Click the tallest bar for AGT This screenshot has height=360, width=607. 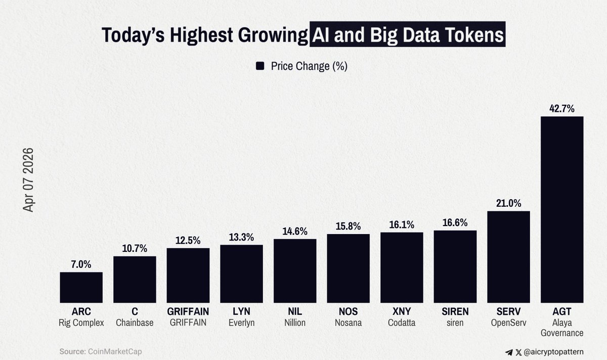tap(562, 209)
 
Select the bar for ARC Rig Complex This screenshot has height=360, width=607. tap(81, 287)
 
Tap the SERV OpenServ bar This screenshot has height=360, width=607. tap(508, 257)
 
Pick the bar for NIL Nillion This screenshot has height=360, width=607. tap(295, 271)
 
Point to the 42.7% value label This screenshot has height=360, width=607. tap(562, 108)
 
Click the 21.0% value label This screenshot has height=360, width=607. tap(508, 203)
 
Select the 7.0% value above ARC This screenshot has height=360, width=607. tap(81, 264)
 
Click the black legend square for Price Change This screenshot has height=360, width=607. tap(261, 66)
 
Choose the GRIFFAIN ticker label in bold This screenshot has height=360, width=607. tap(188, 311)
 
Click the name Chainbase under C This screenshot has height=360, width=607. tap(135, 323)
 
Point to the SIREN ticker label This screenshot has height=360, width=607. tap(455, 311)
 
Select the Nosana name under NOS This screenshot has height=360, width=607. tap(348, 323)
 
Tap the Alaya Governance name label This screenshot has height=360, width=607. tap(562, 328)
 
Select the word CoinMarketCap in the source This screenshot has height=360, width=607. tap(111, 351)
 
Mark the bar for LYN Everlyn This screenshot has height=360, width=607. tap(241, 274)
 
